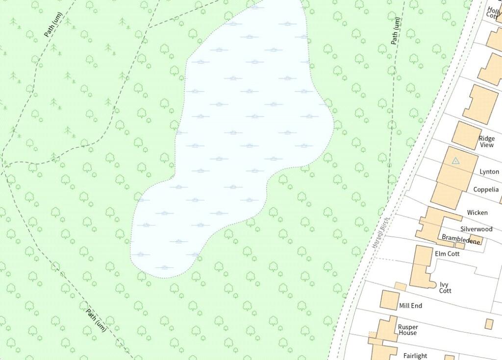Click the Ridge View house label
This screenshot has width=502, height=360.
pos(487,142)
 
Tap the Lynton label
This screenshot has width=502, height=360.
pos(489,172)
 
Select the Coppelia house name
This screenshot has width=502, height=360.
pos(486,190)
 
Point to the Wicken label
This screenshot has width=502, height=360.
pos(477,213)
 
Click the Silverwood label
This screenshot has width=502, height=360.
pos(476,229)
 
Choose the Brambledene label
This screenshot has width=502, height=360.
pos(461,238)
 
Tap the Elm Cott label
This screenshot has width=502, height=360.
pos(447,254)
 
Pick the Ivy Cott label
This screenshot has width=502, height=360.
pos(445,288)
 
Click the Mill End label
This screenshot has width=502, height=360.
pos(410,306)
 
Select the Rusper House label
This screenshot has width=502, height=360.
pos(407,330)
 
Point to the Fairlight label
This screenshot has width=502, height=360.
pos(415,356)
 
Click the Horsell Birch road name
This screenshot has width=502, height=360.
pos(380,232)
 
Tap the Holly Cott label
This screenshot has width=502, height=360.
pos(494,12)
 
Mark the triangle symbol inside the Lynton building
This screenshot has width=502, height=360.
pos(456,160)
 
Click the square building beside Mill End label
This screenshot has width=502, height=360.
pos(389,300)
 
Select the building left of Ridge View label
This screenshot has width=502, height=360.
pos(466,135)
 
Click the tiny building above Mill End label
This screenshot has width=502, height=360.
pos(401,286)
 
